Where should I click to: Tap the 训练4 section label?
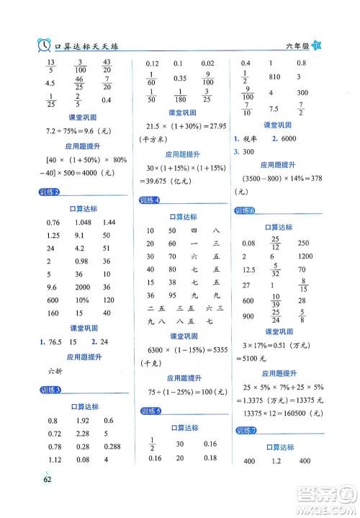150,199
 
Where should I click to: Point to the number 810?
274,76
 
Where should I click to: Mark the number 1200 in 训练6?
305,256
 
